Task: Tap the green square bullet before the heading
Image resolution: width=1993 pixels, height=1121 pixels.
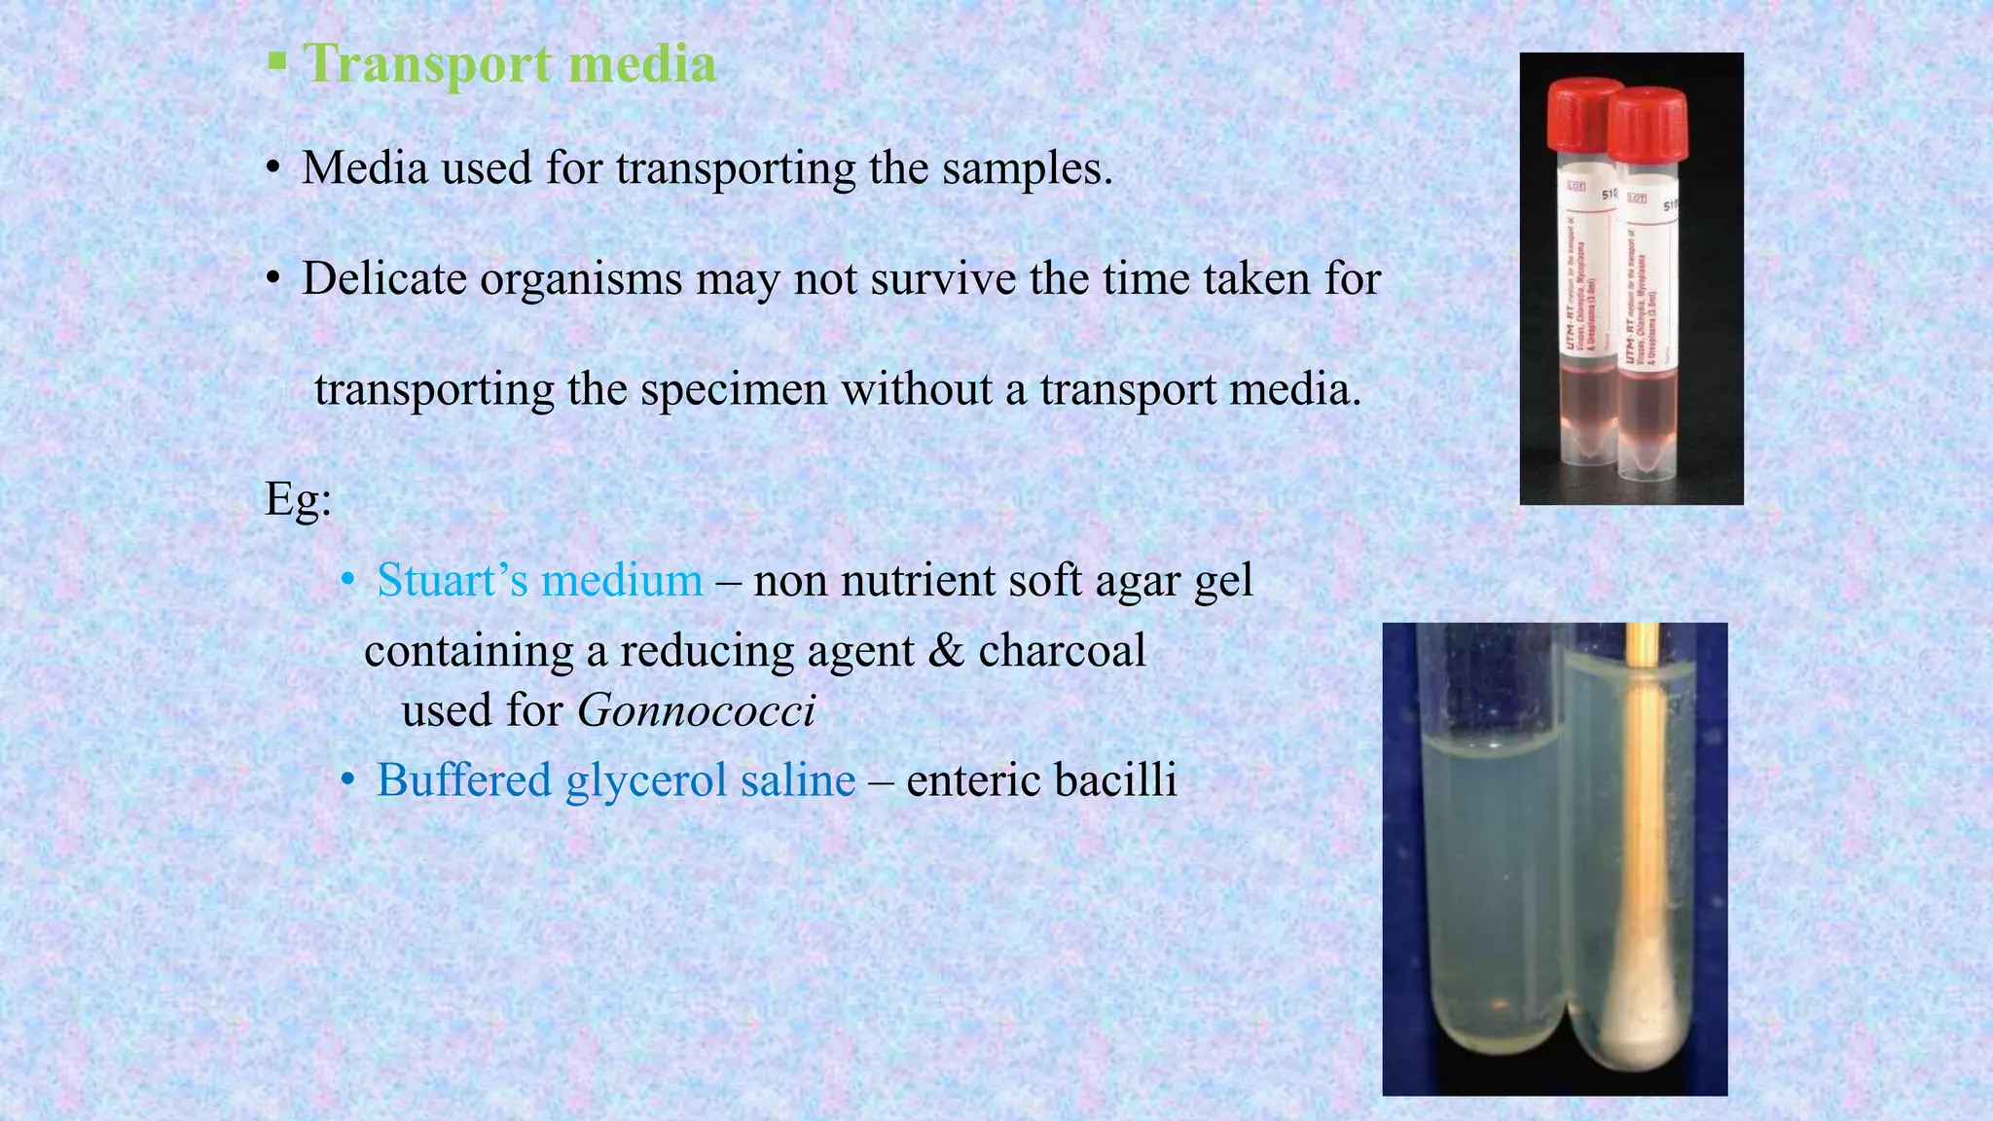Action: point(277,62)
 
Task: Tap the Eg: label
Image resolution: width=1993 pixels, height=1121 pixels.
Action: point(298,499)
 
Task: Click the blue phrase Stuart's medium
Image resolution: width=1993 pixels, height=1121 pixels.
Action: point(539,580)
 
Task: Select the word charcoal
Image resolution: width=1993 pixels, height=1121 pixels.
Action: point(1062,651)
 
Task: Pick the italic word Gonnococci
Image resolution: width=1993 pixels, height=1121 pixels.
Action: point(696,710)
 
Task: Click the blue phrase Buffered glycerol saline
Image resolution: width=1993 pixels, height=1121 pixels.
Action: point(615,780)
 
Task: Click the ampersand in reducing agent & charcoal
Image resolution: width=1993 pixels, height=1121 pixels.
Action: point(945,651)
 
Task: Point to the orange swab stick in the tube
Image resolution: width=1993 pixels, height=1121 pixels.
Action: point(1642,778)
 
